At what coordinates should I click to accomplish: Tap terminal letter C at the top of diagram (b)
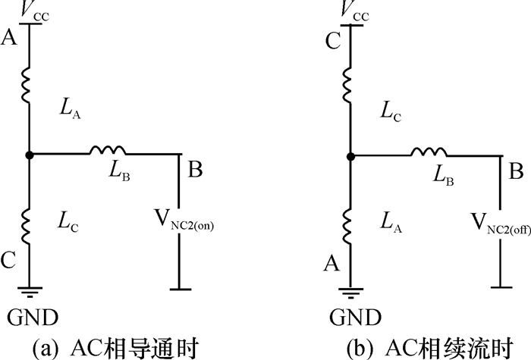coord(331,41)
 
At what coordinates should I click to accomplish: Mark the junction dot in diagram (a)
coord(28,155)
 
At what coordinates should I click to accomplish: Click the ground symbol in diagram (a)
coord(28,290)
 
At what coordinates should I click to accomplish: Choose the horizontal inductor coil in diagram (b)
coord(429,154)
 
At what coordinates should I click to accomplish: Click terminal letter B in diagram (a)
coord(195,171)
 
